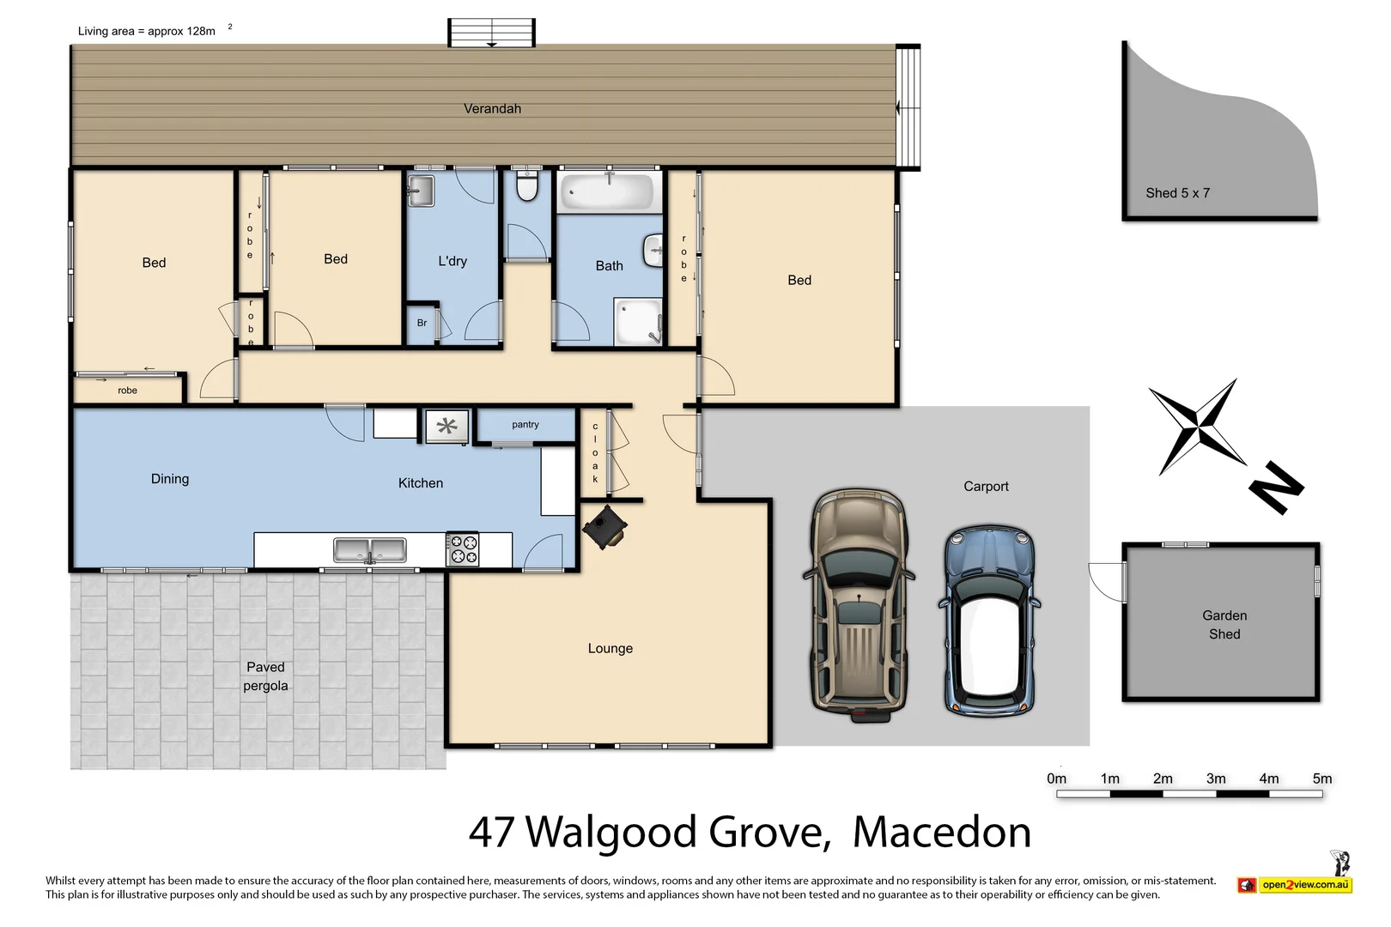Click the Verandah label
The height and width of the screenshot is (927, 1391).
tap(492, 109)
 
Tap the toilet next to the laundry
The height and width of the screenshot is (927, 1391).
tap(526, 186)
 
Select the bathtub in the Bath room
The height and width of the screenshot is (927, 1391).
tap(609, 191)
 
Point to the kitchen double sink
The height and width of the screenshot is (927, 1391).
tap(370, 550)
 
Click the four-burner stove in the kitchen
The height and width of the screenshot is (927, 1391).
tap(463, 549)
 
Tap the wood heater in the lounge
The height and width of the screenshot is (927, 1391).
tap(604, 527)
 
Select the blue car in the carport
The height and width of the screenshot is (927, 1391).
tap(989, 621)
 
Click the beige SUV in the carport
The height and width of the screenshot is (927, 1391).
tap(859, 606)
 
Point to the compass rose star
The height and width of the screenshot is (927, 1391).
tap(1198, 426)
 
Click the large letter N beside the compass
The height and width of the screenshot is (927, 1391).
tap(1276, 488)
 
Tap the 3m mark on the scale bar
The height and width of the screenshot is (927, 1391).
tap(1216, 779)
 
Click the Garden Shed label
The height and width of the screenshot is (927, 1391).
tap(1224, 625)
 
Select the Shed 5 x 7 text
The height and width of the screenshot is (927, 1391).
tap(1177, 193)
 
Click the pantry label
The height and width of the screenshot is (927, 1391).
tap(525, 425)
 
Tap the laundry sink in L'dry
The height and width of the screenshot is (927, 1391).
tap(421, 191)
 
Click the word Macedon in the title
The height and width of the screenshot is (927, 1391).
tap(941, 833)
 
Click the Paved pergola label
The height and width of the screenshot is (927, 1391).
tap(265, 676)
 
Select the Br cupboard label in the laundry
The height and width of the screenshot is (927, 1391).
tap(422, 324)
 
